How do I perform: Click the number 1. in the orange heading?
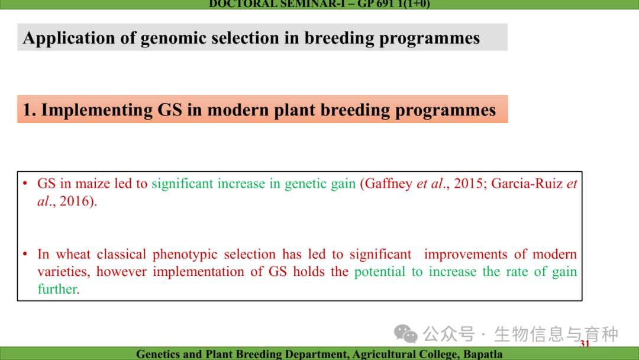click(x=30, y=110)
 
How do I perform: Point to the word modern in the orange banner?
click(x=238, y=110)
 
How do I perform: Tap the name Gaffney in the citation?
click(x=388, y=184)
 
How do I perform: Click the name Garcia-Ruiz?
click(x=527, y=184)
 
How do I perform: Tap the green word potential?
click(x=379, y=272)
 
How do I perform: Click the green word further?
click(x=57, y=289)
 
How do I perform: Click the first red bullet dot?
click(x=25, y=184)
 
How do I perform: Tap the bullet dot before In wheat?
click(x=25, y=254)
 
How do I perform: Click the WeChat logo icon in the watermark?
click(x=405, y=335)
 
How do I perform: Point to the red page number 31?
click(x=585, y=343)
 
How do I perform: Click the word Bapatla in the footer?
click(x=483, y=354)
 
